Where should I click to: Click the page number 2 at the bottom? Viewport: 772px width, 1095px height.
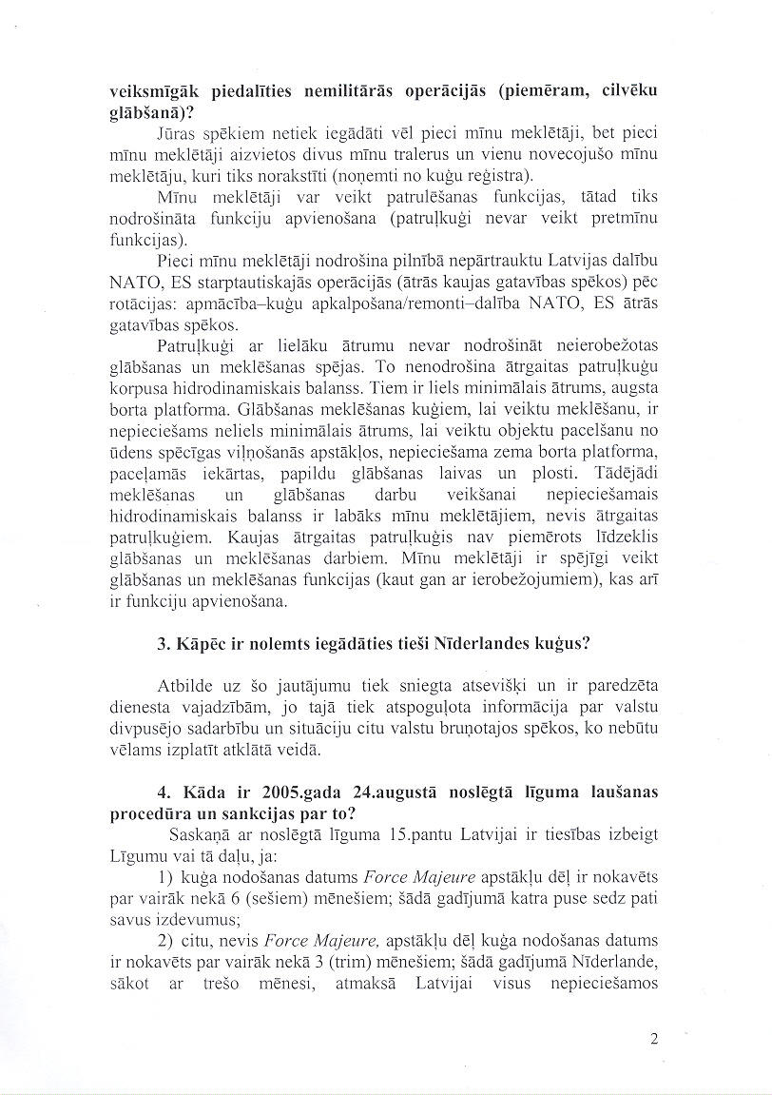tap(654, 1039)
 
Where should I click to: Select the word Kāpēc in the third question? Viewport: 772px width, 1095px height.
tap(193, 642)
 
